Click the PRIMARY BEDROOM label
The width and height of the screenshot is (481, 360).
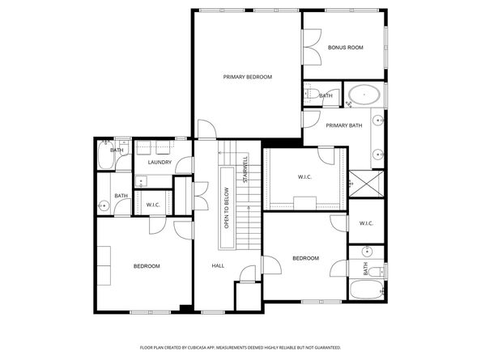point(247,77)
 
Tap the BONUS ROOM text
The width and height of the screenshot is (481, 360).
point(345,48)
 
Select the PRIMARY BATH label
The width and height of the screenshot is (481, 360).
point(344,125)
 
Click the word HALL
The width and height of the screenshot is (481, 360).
point(218,265)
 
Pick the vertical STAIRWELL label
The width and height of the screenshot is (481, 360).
point(244,172)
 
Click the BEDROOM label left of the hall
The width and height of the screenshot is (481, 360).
point(147,265)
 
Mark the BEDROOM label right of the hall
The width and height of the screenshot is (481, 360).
point(305,258)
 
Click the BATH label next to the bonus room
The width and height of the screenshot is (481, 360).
point(326,96)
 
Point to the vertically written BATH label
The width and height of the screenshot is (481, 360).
point(366,268)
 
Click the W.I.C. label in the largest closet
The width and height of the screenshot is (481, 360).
point(304,177)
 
